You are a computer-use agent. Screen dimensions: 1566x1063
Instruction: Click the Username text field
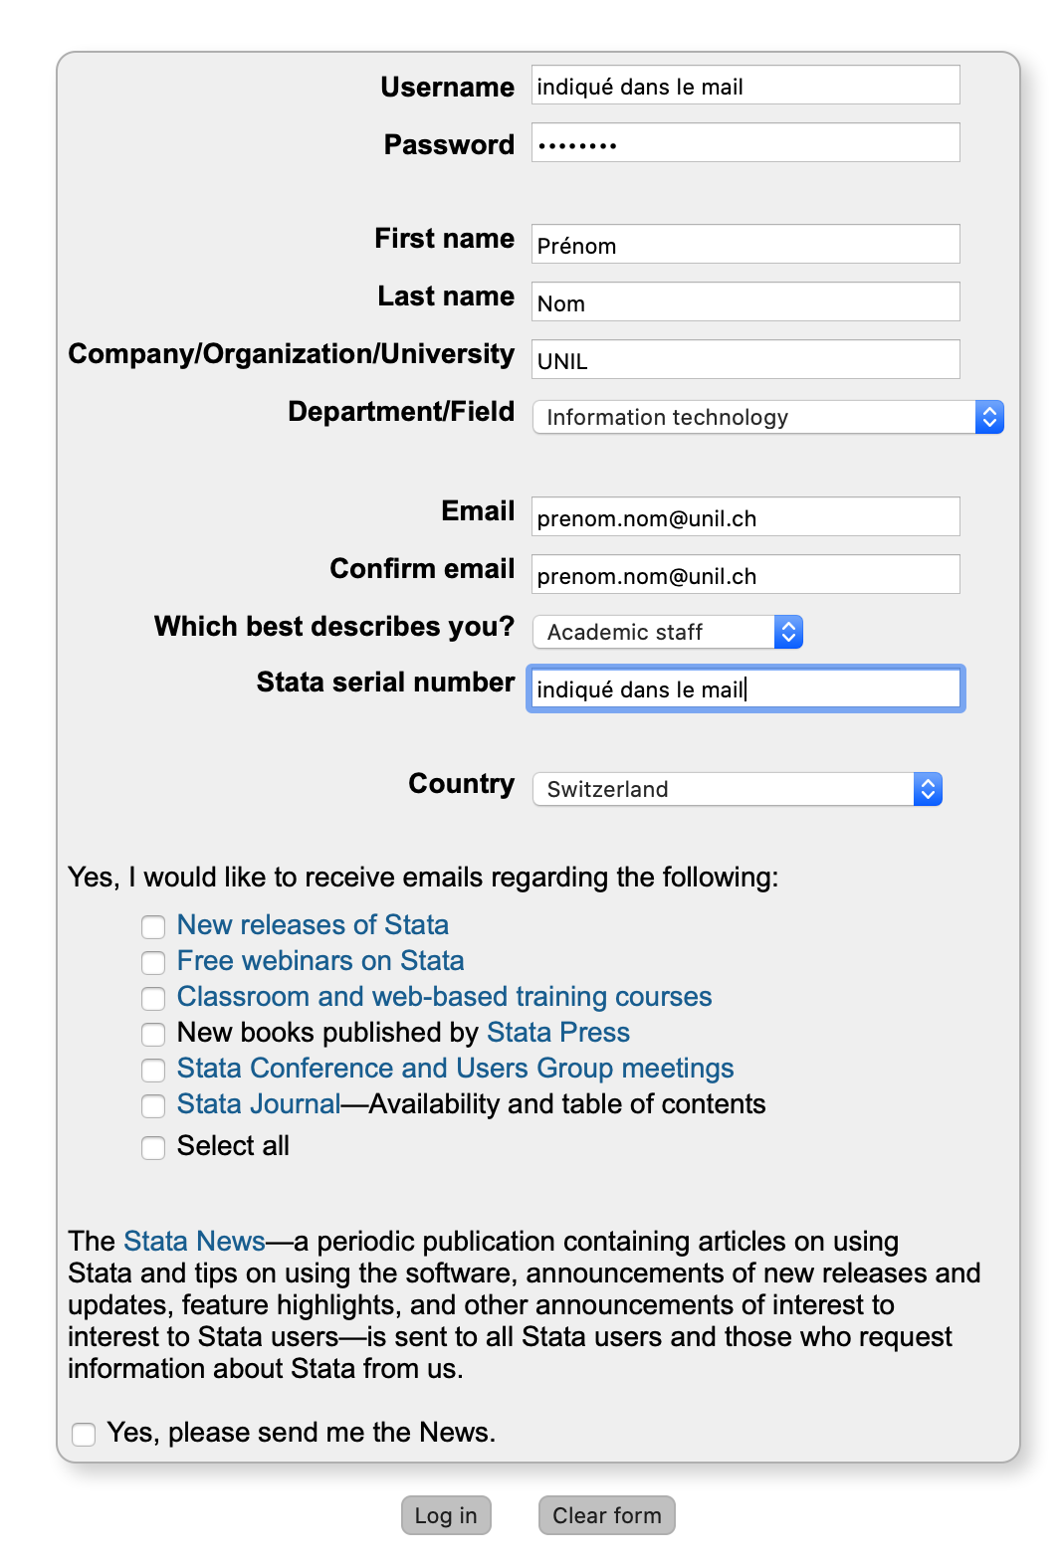point(744,86)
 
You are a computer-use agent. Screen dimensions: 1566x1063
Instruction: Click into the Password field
point(744,143)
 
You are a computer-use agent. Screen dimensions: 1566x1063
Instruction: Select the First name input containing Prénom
point(744,245)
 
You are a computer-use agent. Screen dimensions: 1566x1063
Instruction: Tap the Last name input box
point(744,302)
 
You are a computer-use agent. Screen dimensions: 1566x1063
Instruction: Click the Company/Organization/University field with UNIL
point(744,360)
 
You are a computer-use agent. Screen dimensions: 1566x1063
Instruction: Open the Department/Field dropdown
point(767,418)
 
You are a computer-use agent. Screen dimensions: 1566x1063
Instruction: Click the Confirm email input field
point(744,575)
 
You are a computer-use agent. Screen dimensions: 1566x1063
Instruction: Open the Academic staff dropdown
point(667,633)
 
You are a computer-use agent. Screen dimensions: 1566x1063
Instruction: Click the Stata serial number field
point(744,689)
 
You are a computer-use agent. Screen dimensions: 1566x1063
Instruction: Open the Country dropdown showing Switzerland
point(737,790)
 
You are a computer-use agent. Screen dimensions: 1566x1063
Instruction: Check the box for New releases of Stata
point(153,927)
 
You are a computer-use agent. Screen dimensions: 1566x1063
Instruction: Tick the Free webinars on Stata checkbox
point(153,963)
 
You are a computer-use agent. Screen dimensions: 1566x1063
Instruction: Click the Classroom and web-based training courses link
point(444,997)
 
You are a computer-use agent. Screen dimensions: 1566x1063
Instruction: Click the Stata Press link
point(557,1033)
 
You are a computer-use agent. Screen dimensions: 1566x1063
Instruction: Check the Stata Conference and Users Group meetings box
point(153,1071)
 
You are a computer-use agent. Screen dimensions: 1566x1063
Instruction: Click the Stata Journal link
point(259,1104)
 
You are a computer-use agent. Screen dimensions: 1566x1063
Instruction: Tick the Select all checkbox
point(153,1148)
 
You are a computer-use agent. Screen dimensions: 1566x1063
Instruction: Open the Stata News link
point(194,1242)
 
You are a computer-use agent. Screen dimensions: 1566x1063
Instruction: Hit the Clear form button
point(606,1515)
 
